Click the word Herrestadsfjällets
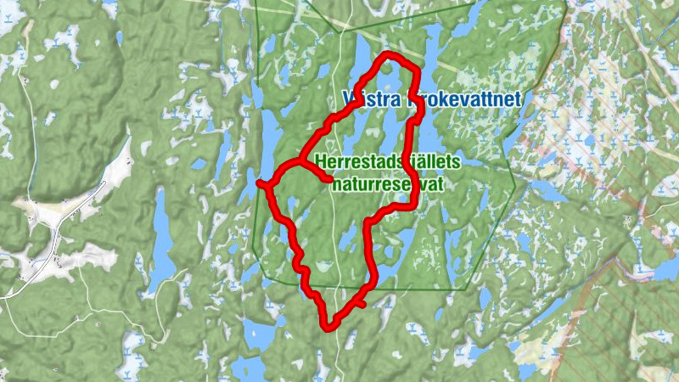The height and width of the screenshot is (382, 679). [x=387, y=161]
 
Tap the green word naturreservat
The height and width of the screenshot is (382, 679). [x=388, y=182]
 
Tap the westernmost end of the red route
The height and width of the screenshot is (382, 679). [x=259, y=182]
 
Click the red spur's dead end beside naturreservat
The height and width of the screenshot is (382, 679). [x=329, y=179]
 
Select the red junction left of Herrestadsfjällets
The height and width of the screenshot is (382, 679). [x=299, y=160]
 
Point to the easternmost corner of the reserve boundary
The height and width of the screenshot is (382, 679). [x=514, y=188]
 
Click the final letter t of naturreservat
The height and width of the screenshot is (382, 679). [x=442, y=182]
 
